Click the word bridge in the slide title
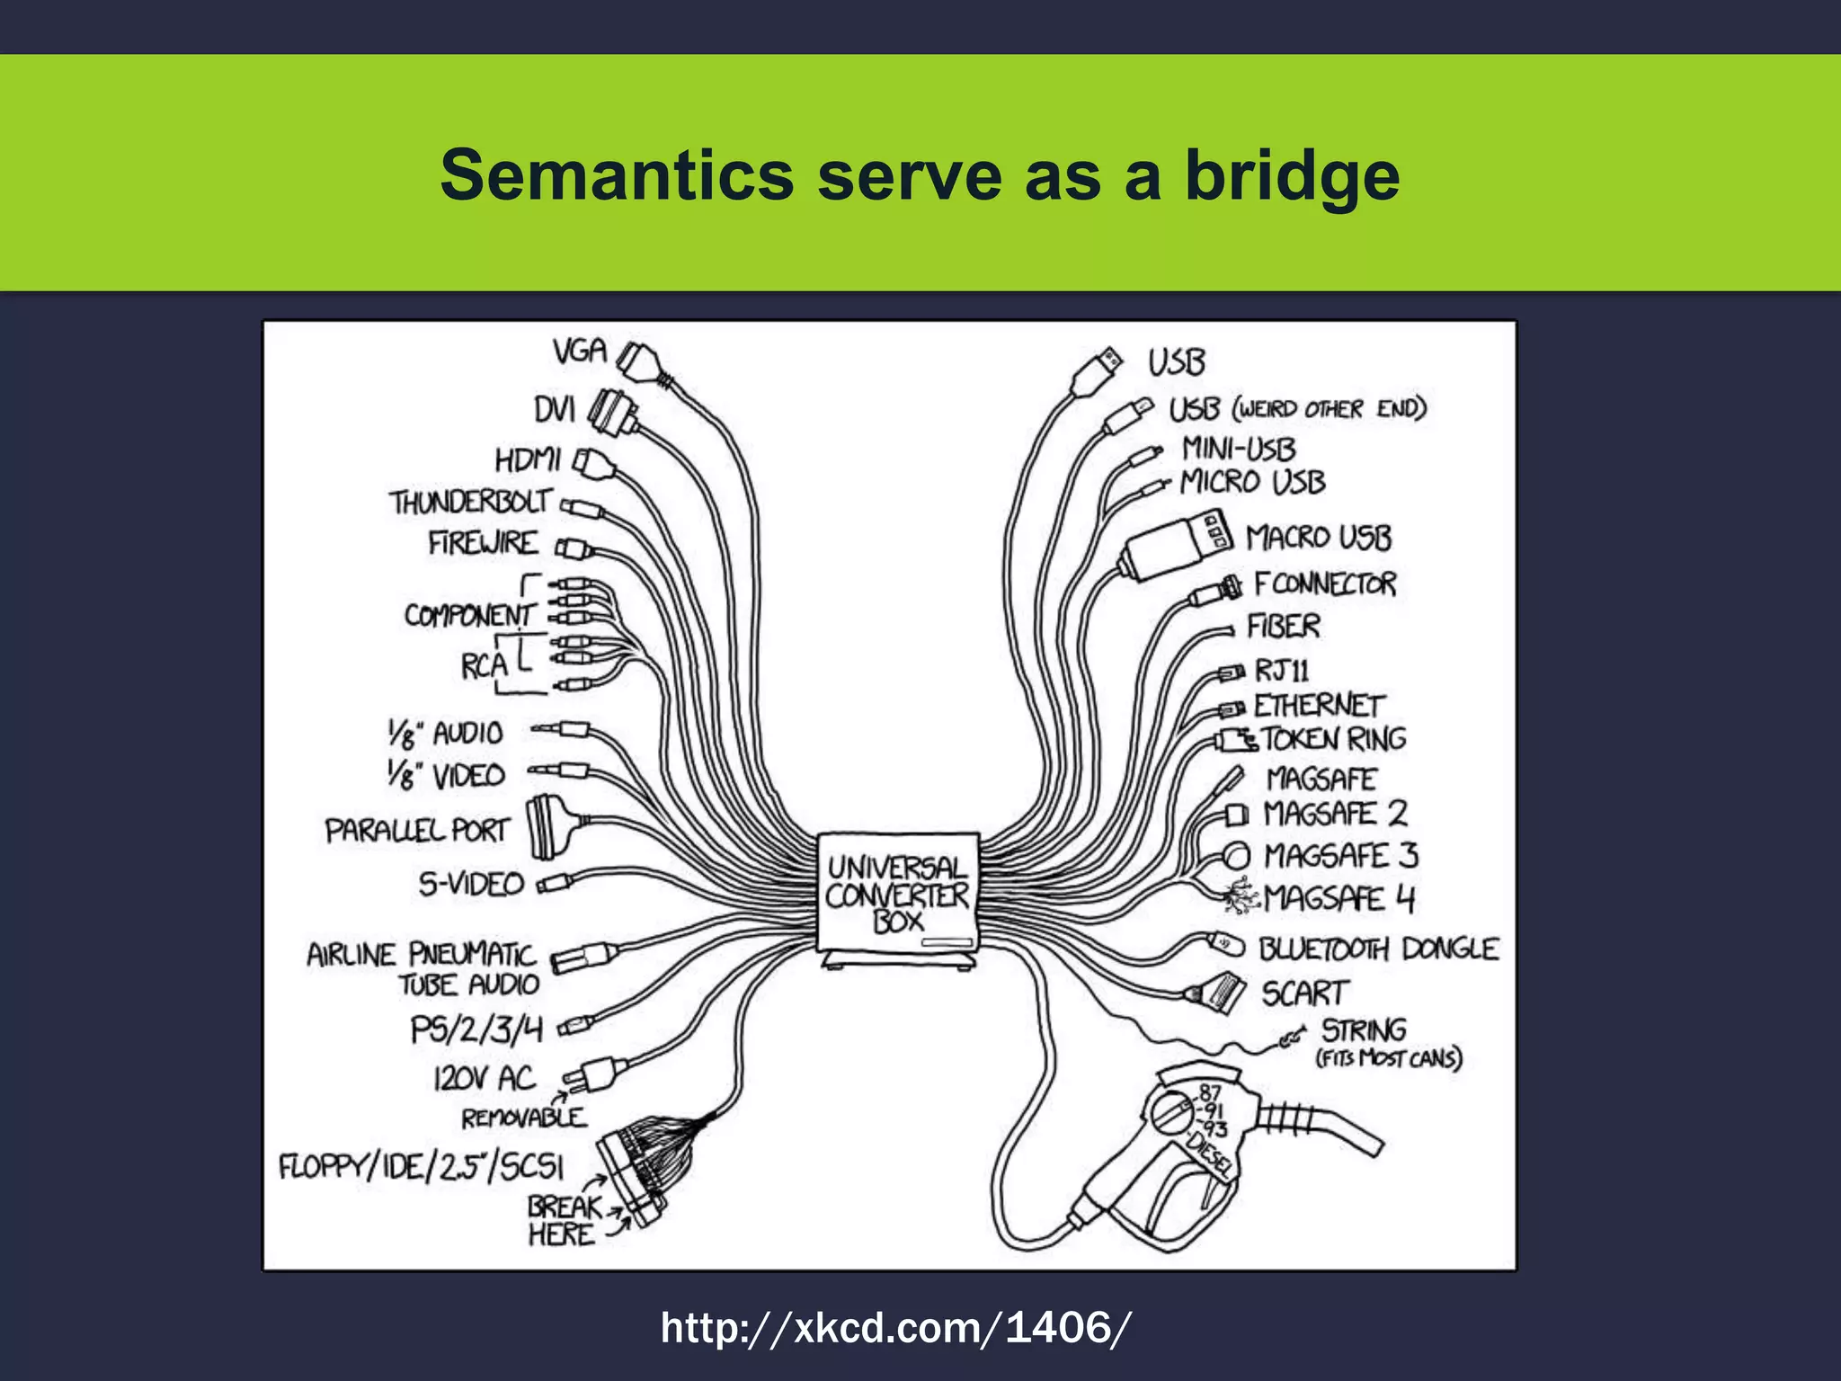(x=1292, y=175)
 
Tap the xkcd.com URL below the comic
(x=895, y=1327)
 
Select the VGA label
(x=580, y=351)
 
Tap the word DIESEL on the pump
(x=1209, y=1154)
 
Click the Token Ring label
(x=1333, y=739)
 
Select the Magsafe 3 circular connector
(x=1237, y=855)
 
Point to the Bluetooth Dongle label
(x=1377, y=949)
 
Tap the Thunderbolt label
(x=469, y=502)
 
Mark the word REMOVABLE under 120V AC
(x=523, y=1118)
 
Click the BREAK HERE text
(x=563, y=1219)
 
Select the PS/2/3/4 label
(x=476, y=1029)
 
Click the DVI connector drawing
(x=613, y=413)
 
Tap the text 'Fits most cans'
(x=1389, y=1058)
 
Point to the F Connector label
(x=1324, y=584)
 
